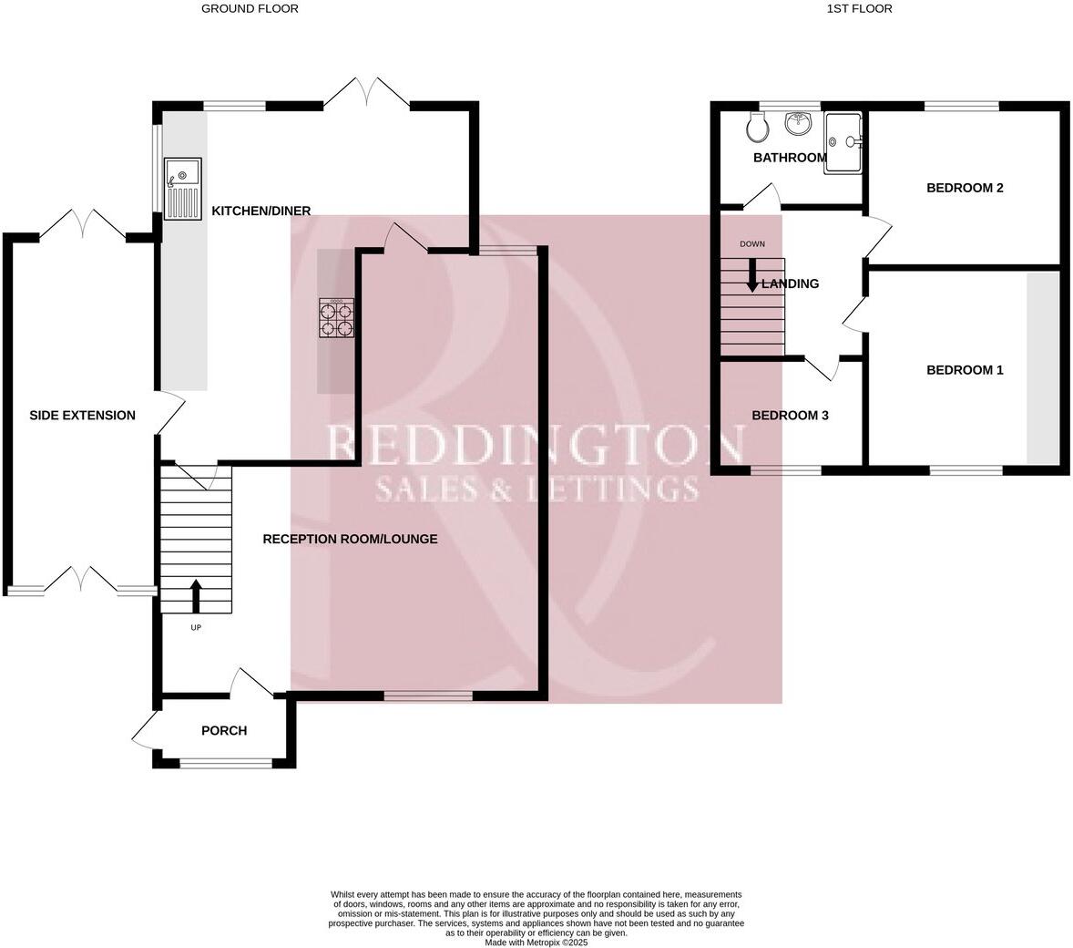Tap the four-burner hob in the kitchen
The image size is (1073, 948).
pyautogui.click(x=335, y=318)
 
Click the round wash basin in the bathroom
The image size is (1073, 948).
pyautogui.click(x=799, y=122)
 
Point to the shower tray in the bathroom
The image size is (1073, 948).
pyautogui.click(x=843, y=141)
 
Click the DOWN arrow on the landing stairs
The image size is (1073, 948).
pyautogui.click(x=752, y=276)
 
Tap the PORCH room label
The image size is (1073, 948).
pyautogui.click(x=224, y=730)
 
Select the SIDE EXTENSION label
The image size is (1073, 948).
pyautogui.click(x=82, y=415)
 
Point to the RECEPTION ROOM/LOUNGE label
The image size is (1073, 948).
pyautogui.click(x=350, y=539)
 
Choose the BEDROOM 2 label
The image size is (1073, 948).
pyautogui.click(x=965, y=188)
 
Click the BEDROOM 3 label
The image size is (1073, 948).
pyautogui.click(x=790, y=415)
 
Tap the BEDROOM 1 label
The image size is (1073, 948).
pyautogui.click(x=965, y=369)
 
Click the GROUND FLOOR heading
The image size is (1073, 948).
pyautogui.click(x=250, y=8)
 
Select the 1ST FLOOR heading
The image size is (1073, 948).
pyautogui.click(x=859, y=8)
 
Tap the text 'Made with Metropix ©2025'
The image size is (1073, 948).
pyautogui.click(x=536, y=943)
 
